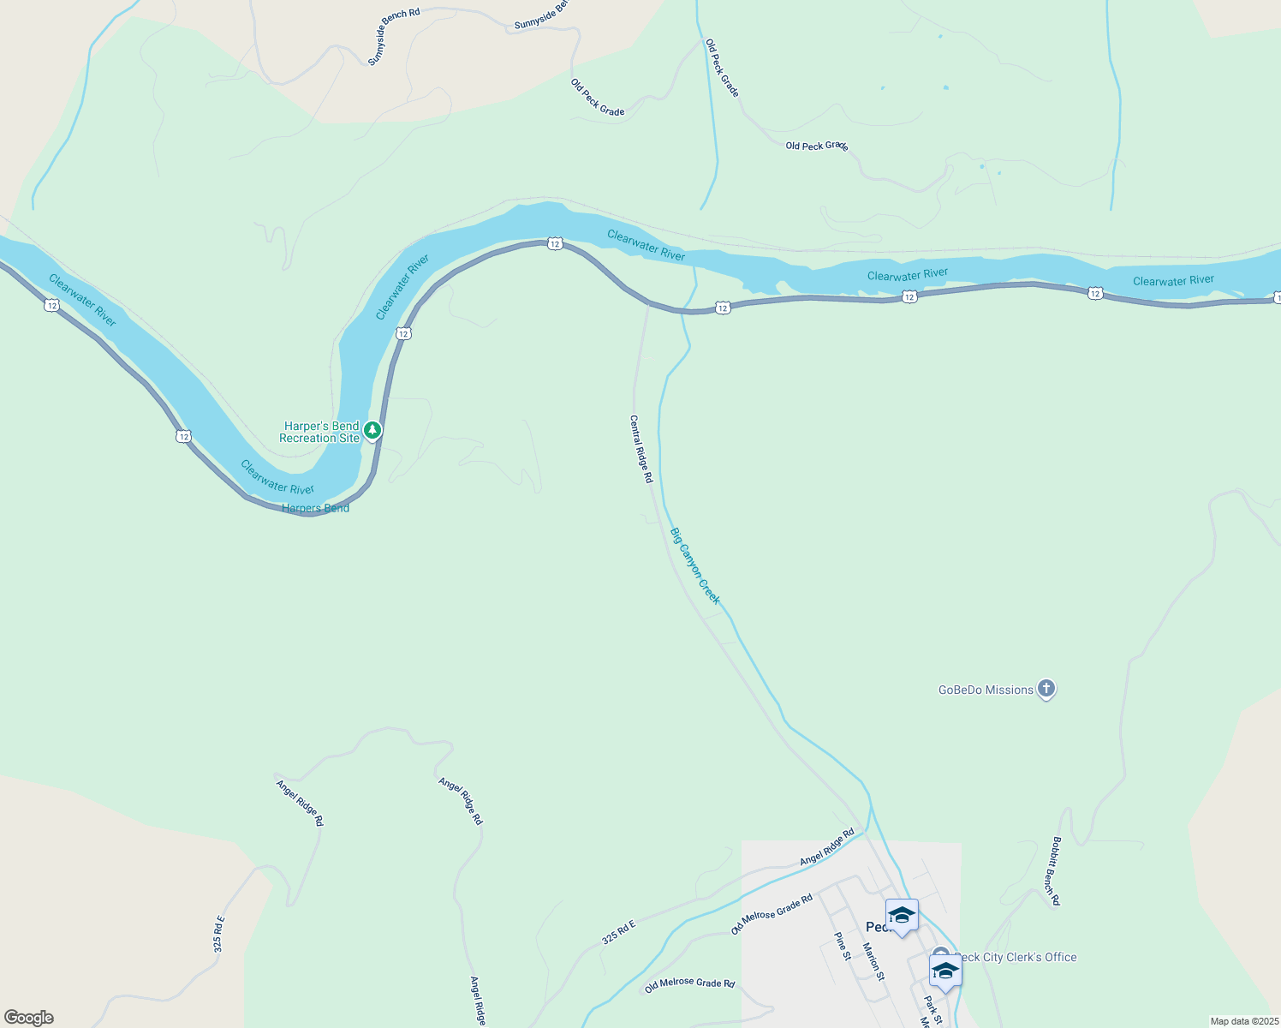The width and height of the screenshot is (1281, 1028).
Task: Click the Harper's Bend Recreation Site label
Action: tap(320, 432)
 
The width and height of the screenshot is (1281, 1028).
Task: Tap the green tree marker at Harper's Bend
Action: tap(372, 430)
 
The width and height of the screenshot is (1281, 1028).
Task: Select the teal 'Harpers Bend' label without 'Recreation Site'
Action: tap(315, 508)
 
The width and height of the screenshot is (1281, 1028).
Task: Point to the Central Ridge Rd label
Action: tap(641, 449)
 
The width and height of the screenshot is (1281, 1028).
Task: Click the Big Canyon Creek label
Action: tap(694, 566)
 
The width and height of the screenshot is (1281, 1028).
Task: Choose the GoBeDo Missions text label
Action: tap(986, 690)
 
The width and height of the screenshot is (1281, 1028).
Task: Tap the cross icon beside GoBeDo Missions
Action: tap(1046, 689)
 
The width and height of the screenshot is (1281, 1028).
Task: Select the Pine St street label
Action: tap(843, 946)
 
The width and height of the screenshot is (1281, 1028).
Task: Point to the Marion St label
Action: tap(873, 961)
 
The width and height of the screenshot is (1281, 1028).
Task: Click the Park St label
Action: tap(932, 1009)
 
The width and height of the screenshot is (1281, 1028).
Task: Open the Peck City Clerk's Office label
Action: tap(1016, 957)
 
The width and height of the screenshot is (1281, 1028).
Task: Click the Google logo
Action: tap(29, 1018)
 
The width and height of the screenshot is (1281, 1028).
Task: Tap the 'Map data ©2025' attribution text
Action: tap(1243, 1021)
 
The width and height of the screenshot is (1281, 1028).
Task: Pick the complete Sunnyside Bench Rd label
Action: tap(394, 37)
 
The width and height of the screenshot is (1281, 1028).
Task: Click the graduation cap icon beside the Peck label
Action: tap(902, 916)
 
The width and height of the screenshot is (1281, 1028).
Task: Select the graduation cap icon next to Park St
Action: tap(945, 971)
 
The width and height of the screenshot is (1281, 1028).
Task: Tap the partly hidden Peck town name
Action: tap(876, 927)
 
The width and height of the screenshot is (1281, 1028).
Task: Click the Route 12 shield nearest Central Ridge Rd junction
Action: tap(723, 308)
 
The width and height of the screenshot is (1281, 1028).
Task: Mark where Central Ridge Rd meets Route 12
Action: tap(648, 302)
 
